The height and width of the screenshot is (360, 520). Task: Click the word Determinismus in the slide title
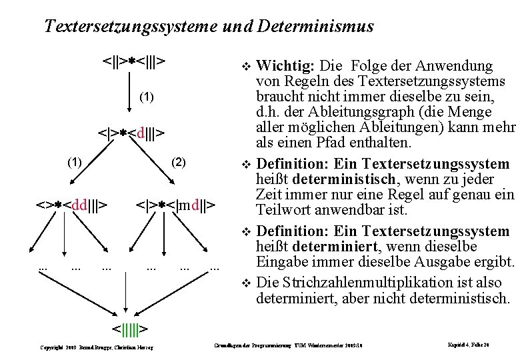point(319,27)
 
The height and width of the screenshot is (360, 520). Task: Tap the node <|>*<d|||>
point(132,132)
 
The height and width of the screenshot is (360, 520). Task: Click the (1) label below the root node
point(147,97)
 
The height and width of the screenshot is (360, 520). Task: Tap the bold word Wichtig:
point(286,65)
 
